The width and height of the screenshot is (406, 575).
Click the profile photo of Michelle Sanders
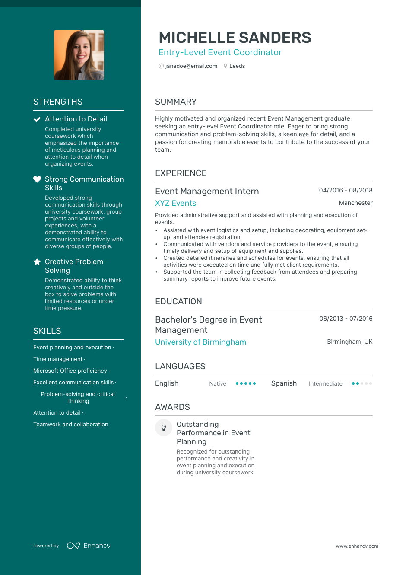[x=79, y=55]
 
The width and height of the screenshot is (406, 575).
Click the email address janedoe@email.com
[x=191, y=66]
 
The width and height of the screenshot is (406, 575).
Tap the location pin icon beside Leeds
[x=225, y=66]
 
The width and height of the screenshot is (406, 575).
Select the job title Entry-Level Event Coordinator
[x=220, y=53]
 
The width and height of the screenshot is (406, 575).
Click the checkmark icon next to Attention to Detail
[x=37, y=119]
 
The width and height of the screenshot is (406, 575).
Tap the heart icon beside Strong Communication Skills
[x=37, y=179]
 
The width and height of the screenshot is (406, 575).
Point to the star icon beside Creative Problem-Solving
[x=37, y=262]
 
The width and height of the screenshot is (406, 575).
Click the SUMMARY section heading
[x=176, y=102]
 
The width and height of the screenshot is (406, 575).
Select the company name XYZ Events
[x=175, y=203]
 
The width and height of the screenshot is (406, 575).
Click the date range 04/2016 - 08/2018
[x=346, y=190]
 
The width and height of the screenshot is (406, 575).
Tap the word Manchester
[x=355, y=203]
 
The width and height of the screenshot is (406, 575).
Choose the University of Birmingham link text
[x=200, y=342]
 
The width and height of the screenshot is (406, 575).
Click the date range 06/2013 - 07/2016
[x=346, y=319]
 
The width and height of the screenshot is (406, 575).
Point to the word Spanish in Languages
[x=284, y=383]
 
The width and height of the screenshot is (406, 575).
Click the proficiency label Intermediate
[x=325, y=383]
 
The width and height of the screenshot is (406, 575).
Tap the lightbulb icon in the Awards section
[x=164, y=428]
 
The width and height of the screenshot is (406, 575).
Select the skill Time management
[x=58, y=359]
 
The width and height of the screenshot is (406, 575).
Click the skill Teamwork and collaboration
[x=71, y=425]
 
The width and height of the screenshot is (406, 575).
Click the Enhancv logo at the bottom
[x=89, y=546]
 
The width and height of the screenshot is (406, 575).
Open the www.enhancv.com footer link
[x=357, y=546]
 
